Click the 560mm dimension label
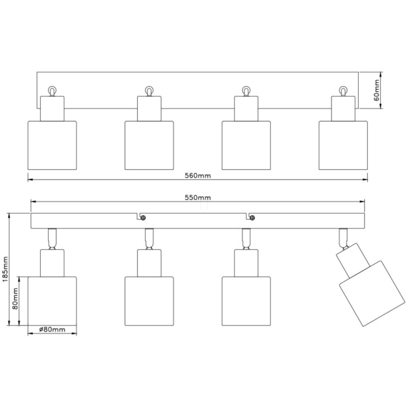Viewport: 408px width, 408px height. click(x=198, y=175)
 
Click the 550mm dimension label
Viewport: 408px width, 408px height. click(x=198, y=198)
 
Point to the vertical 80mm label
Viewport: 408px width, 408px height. click(x=15, y=301)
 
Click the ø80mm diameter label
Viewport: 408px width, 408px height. click(x=52, y=329)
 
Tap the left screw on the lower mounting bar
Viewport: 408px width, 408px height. click(x=143, y=218)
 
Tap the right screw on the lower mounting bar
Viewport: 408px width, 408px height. click(x=252, y=218)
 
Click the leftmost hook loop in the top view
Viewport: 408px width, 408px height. click(x=52, y=91)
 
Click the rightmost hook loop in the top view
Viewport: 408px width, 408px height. click(x=343, y=91)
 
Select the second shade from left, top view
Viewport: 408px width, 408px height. click(x=149, y=145)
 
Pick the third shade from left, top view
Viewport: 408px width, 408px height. click(x=246, y=145)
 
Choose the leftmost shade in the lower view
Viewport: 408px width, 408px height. click(x=52, y=301)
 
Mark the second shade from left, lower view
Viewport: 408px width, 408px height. click(x=149, y=301)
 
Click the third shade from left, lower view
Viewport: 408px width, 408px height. click(x=246, y=301)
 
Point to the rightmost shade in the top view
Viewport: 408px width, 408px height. click(x=343, y=145)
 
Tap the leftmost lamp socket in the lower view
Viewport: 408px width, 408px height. click(x=52, y=263)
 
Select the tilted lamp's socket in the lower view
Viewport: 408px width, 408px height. click(x=352, y=259)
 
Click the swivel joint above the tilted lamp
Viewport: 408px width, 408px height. click(x=343, y=238)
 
